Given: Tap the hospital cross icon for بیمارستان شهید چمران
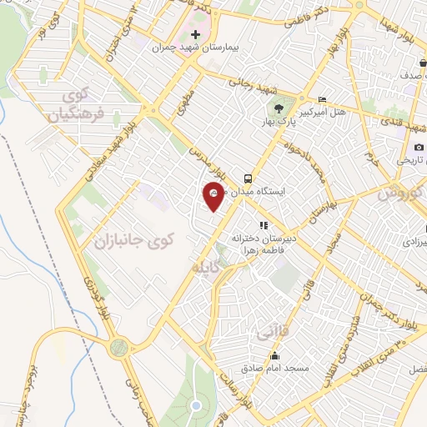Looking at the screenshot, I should [x=195, y=35].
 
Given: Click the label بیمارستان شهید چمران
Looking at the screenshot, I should [x=195, y=48].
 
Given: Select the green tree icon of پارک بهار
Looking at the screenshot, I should [x=279, y=108].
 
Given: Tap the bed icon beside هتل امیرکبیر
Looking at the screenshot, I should [x=323, y=100].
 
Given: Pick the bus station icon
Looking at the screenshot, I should [x=248, y=178].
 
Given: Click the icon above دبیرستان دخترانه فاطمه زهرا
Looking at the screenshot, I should [x=263, y=224].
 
